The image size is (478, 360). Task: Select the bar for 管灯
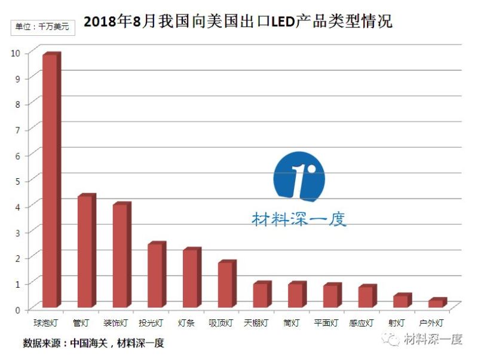[85, 251]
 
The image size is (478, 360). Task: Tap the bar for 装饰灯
[120, 256]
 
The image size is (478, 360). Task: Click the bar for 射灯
[400, 301]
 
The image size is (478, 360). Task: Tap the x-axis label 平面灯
[326, 323]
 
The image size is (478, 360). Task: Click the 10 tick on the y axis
[16, 53]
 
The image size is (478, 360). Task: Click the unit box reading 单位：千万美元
[42, 27]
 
